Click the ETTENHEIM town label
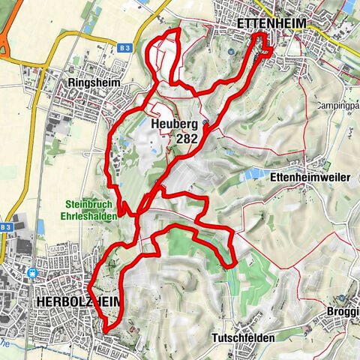271,24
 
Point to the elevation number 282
188,139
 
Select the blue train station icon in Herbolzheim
34,274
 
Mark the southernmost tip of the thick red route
106,329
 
